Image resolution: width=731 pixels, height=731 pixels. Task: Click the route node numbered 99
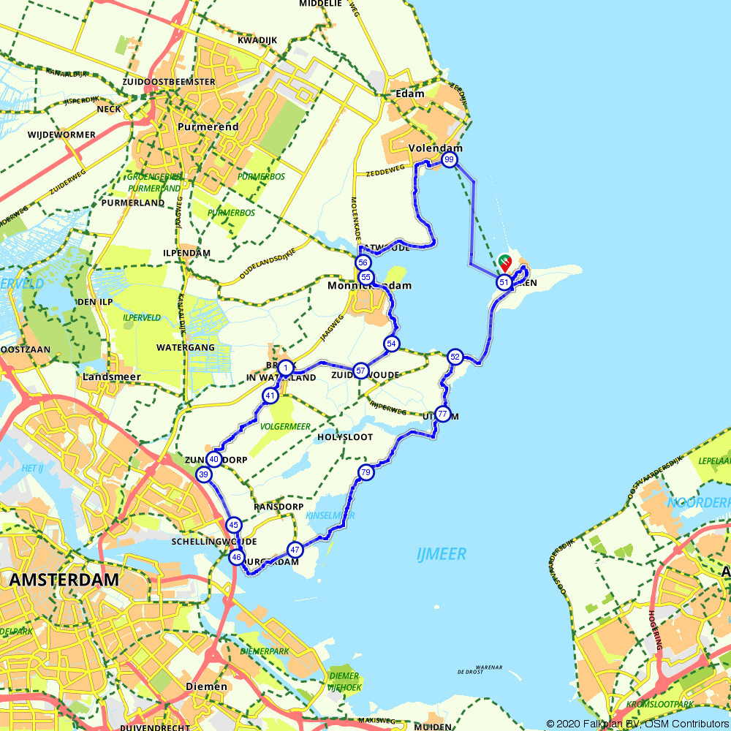coord(450,159)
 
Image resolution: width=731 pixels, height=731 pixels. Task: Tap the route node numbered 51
coord(504,282)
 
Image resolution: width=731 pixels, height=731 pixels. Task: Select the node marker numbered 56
coord(363,262)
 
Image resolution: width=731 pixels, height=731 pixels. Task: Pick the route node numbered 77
coord(442,414)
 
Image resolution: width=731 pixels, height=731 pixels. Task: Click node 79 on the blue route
coord(366,473)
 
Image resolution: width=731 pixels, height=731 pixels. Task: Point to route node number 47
coord(295,549)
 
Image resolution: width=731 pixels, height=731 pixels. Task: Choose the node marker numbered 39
coord(203,475)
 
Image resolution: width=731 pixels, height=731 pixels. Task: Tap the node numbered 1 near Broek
coord(287,368)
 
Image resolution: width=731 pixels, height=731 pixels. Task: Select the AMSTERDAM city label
coord(64,580)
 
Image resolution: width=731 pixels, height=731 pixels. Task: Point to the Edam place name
coord(409,94)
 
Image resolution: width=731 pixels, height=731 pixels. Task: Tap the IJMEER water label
coord(441,554)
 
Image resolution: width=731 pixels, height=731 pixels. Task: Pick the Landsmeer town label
coord(112,376)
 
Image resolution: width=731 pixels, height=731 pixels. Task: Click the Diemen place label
coord(202,686)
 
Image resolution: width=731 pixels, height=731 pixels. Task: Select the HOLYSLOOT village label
coord(345,437)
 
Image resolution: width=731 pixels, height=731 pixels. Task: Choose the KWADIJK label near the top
coord(256,40)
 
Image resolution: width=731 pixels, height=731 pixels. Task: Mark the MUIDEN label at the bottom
coord(432,727)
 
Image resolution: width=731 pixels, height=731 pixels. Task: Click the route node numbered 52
coord(455,357)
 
